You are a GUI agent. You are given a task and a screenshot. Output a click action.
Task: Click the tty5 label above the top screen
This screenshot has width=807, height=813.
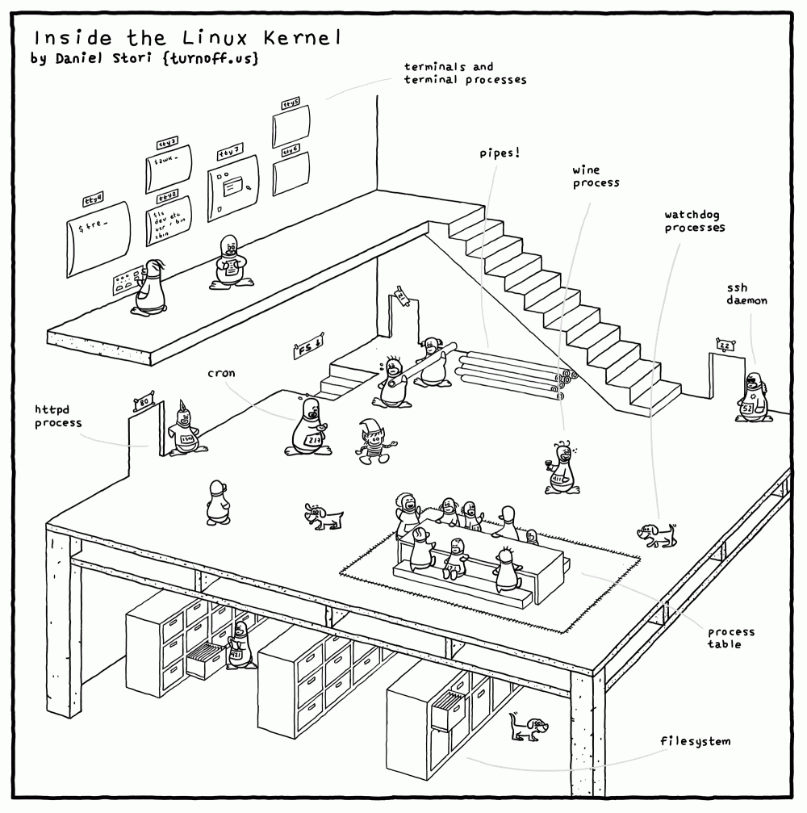click(x=291, y=104)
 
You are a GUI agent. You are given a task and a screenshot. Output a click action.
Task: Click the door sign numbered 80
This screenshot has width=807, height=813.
click(x=144, y=400)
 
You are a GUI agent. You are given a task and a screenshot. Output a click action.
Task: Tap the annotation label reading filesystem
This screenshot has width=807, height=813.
click(x=695, y=741)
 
